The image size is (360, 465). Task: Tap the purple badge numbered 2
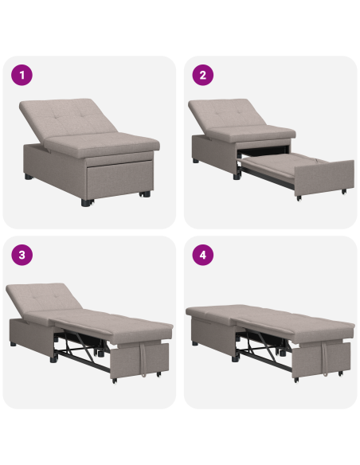[x=203, y=76]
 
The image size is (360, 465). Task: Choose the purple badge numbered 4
[x=203, y=256]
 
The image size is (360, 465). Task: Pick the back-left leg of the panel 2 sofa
[x=195, y=160]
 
